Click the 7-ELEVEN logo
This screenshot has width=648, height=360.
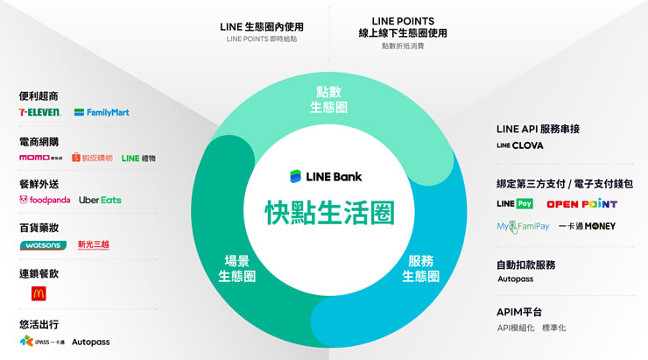pos(39,112)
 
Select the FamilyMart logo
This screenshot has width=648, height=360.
pos(102,112)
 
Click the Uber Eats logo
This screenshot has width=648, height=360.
pos(100,201)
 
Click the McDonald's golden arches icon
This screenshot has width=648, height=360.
pos(39,293)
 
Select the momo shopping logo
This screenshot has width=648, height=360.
pos(40,158)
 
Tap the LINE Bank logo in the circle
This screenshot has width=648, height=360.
pos(327,176)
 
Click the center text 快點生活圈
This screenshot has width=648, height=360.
pos(329,212)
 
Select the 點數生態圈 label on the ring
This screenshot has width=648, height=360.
pos(329,100)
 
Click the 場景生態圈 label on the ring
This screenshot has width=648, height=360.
pos(236,268)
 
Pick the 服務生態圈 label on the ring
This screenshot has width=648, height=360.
pos(421,268)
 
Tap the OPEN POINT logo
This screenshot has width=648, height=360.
pos(581,204)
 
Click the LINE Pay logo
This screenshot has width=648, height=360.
pos(514,204)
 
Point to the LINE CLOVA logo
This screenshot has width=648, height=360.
pos(520,145)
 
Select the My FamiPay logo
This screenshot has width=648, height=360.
pos(522,226)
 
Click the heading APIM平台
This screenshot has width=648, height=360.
pos(519,312)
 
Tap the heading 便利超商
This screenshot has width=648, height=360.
pos(39,95)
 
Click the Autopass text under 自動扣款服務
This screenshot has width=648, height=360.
pos(515,279)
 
